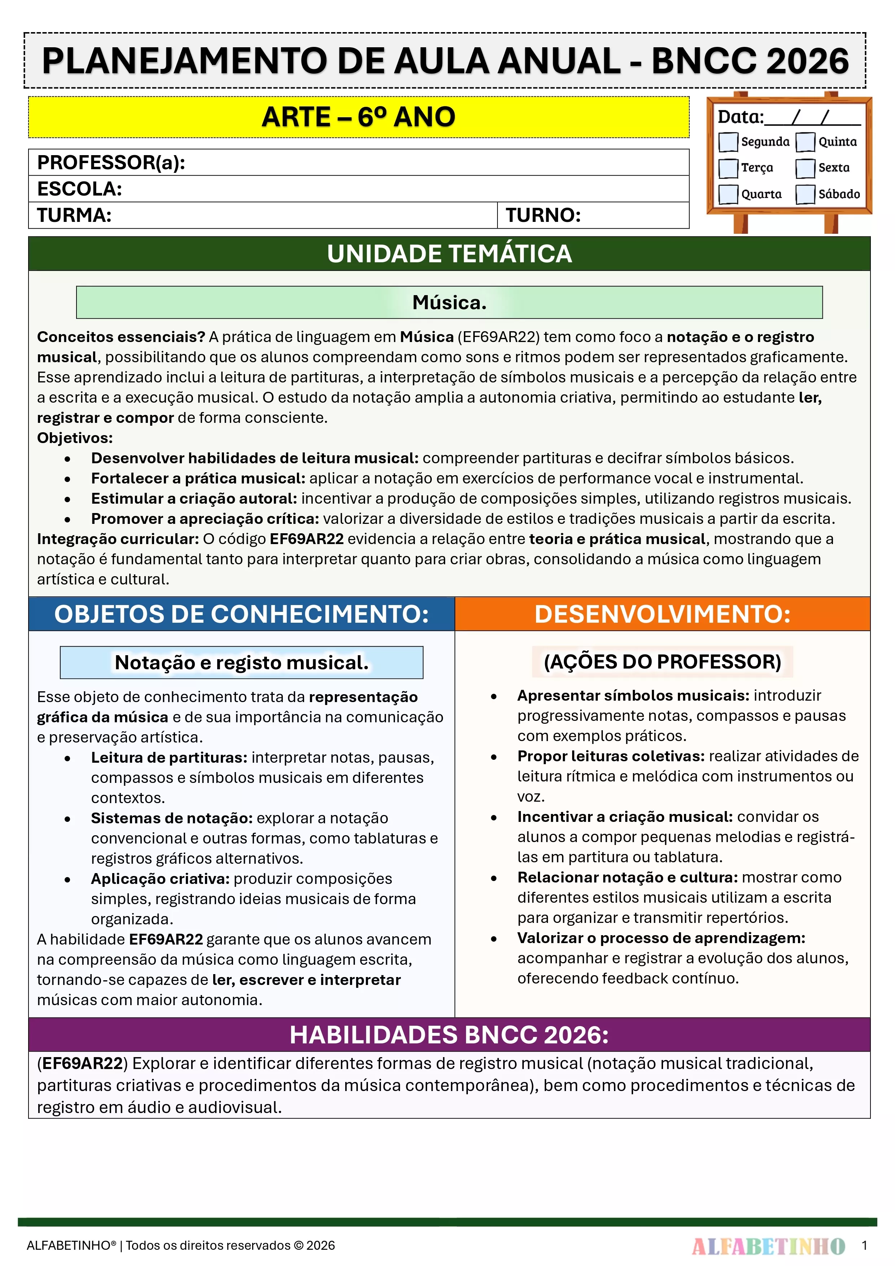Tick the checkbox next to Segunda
coord(728,142)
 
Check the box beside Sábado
coord(805,194)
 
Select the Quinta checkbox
coord(805,142)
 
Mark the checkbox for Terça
coord(728,168)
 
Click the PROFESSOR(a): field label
coord(111,163)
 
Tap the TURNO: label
coord(543,215)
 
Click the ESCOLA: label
coord(79,189)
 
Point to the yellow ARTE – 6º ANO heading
coord(359,117)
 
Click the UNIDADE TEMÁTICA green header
coord(449,254)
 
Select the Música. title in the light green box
coord(449,302)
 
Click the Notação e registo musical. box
coord(242,662)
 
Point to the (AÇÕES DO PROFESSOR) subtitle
coord(662,662)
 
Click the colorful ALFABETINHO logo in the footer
coord(768,1245)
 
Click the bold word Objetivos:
coord(75,438)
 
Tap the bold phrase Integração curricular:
coord(118,539)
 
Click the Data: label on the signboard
coord(740,117)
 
